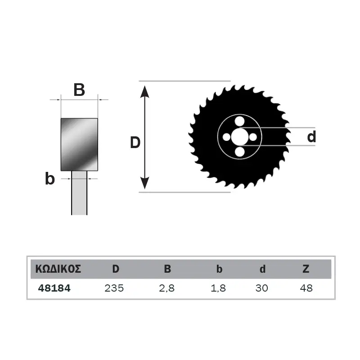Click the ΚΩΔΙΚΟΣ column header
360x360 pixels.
pyautogui.click(x=58, y=269)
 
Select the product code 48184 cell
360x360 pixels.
pyautogui.click(x=54, y=288)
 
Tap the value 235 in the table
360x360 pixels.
pyautogui.click(x=114, y=288)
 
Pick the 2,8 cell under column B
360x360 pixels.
pyautogui.click(x=167, y=288)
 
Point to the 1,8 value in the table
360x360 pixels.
pyautogui.click(x=218, y=288)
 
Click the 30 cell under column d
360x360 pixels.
pyautogui.click(x=262, y=288)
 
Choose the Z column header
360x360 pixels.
pyautogui.click(x=306, y=269)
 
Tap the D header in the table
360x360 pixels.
pyautogui.click(x=116, y=269)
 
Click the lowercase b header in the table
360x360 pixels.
pyautogui.click(x=219, y=269)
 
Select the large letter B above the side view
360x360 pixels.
pyautogui.click(x=79, y=90)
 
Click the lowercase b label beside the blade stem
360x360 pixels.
pyautogui.click(x=50, y=178)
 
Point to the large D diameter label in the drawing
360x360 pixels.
pyautogui.click(x=135, y=142)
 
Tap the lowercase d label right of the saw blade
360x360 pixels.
pyautogui.click(x=311, y=136)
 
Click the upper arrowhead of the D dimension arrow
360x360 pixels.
pyautogui.click(x=144, y=92)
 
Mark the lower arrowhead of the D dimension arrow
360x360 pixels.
pyautogui.click(x=144, y=183)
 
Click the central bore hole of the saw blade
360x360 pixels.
pyautogui.click(x=240, y=137)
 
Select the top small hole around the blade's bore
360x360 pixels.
pyautogui.click(x=240, y=121)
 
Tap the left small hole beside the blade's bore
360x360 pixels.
pyautogui.click(x=227, y=137)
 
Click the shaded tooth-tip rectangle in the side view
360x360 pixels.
pyautogui.click(x=80, y=144)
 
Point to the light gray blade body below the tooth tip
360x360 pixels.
pyautogui.click(x=79, y=193)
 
